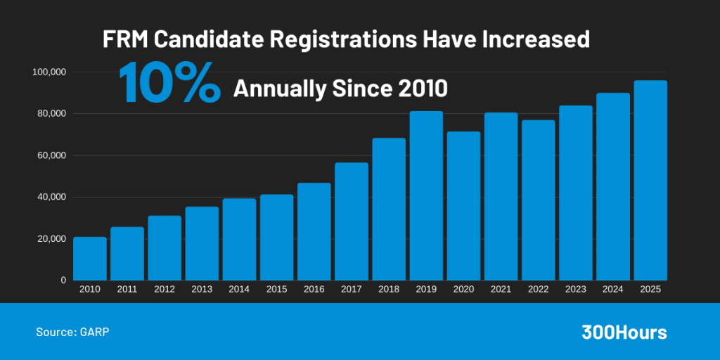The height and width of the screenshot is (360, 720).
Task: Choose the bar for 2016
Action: coord(314,231)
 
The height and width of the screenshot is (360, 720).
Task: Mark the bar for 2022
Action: coord(538,200)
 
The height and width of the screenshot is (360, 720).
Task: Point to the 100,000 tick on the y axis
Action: coord(49,72)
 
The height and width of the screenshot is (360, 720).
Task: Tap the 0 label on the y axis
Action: coord(63,280)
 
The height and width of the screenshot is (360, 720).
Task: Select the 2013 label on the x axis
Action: coord(202,290)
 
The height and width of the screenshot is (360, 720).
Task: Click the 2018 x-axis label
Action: coord(389,290)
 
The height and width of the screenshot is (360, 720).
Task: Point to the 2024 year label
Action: coord(613,290)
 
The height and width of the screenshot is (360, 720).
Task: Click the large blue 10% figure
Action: coord(169,83)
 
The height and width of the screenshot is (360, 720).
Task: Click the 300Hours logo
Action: coord(624,333)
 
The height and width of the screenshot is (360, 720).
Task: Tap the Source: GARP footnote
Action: coord(73,331)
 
